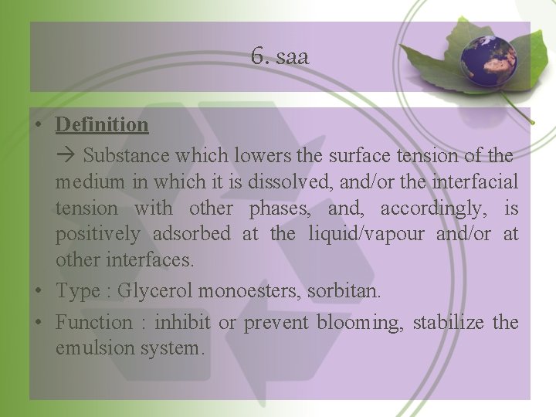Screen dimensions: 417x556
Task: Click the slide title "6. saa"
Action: pyautogui.click(x=280, y=56)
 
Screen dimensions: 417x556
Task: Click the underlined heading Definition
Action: pyautogui.click(x=102, y=124)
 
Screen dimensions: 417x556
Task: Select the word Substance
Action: pyautogui.click(x=127, y=155)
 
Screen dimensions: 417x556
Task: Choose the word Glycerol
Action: pyautogui.click(x=156, y=291)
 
